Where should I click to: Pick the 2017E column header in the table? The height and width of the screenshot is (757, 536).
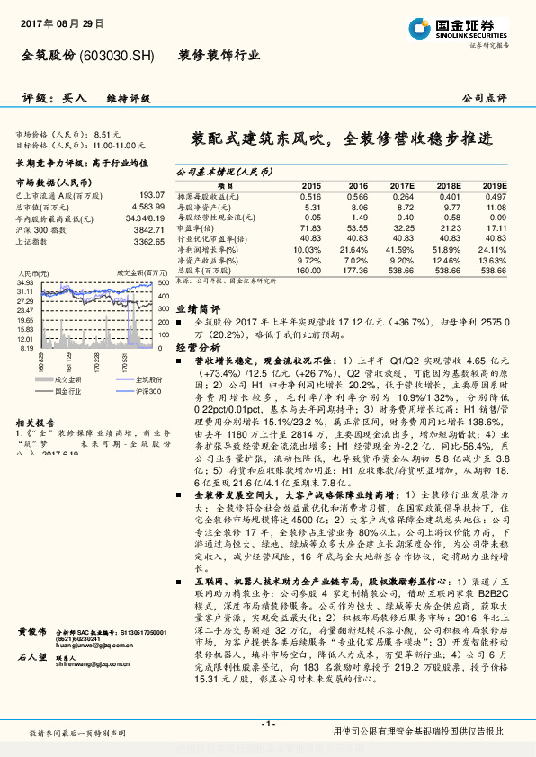pos(401,185)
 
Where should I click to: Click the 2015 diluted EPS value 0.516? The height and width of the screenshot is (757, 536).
pos(309,196)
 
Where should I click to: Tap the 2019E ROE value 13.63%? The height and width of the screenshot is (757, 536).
pos(492,260)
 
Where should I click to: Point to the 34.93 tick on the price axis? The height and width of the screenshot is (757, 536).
pos(25,282)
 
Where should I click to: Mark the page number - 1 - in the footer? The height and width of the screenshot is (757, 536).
pos(267,722)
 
